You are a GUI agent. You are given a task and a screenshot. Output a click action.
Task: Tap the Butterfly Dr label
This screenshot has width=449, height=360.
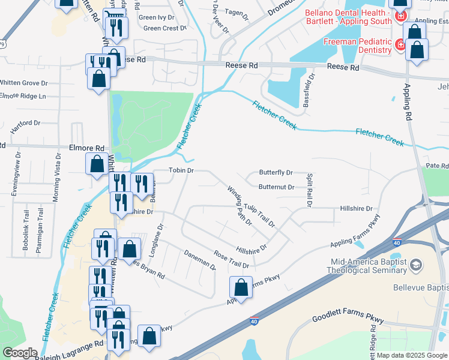[x=276, y=172]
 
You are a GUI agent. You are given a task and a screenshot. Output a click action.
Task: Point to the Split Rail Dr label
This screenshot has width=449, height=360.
[x=310, y=191]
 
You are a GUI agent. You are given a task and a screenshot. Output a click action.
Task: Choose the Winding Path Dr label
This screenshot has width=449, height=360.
[x=240, y=205]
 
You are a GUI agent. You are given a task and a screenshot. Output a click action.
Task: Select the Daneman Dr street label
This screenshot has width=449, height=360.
[x=199, y=260]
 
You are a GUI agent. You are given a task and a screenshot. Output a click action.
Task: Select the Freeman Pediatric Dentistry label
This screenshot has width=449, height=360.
[x=358, y=46]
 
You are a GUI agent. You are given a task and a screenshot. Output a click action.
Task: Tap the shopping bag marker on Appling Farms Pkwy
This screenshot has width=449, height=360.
[x=241, y=287]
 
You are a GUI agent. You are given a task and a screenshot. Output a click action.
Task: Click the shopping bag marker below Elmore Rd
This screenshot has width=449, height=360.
[x=97, y=164]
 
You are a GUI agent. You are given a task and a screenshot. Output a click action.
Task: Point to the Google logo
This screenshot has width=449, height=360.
[x=20, y=353]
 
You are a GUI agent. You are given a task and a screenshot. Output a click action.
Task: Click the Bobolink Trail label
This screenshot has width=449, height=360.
[x=26, y=225]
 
